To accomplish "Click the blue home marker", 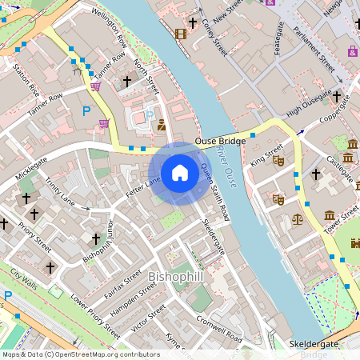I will point(180,173).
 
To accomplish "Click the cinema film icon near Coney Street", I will point(180,34).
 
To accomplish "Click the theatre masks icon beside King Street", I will point(278,160).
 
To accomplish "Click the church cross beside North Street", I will point(126,82).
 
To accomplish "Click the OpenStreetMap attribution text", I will point(80,354).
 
